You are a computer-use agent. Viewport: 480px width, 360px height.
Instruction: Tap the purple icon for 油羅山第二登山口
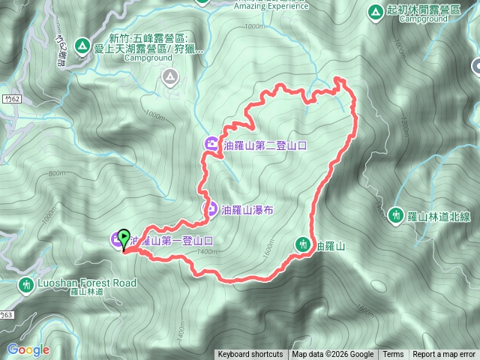212,145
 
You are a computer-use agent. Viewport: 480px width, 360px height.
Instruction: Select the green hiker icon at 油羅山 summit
303,244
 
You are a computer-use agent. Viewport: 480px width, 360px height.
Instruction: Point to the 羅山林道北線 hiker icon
397,216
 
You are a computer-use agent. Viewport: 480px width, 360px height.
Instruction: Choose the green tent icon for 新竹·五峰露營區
81,45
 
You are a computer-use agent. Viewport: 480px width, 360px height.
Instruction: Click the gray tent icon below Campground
170,76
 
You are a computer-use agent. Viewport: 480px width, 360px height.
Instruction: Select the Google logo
28,349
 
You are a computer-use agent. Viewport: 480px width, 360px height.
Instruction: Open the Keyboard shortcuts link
250,355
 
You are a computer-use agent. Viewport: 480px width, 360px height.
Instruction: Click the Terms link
393,355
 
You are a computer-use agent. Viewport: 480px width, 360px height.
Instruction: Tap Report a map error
444,355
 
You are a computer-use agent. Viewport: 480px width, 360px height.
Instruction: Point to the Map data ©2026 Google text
333,355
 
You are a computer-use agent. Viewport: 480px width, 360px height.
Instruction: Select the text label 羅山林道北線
439,216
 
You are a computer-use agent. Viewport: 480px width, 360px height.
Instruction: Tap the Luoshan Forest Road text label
87,283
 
